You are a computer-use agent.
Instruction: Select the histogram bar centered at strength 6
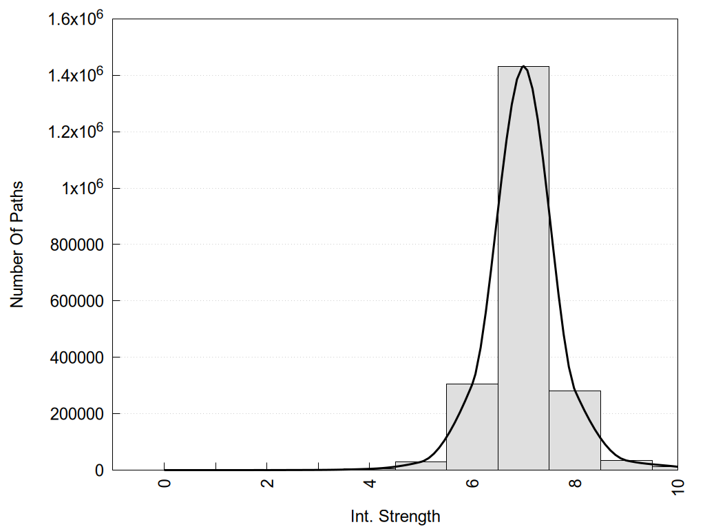point(472,427)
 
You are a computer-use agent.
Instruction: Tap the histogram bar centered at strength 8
point(575,431)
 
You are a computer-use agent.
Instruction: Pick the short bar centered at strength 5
point(421,466)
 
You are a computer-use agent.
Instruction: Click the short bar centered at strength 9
point(627,465)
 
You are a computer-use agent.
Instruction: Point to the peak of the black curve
point(524,66)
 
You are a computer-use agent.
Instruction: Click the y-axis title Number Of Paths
point(17,244)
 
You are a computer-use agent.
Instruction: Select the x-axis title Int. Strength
point(394,516)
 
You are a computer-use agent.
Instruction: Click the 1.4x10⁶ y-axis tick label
point(75,74)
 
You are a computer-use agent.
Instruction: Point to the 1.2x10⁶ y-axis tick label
point(75,131)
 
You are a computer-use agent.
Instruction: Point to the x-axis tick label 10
point(678,484)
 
